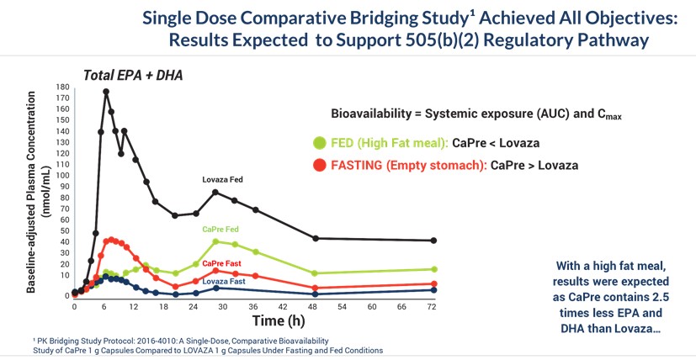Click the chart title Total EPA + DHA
coord(133,76)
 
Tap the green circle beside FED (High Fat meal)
coord(319,143)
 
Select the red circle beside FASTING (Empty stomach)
coord(319,165)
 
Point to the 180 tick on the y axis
coord(61,87)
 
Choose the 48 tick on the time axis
coord(314,307)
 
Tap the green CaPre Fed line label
coord(220,229)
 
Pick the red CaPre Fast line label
coord(221,263)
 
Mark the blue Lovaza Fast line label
coord(223,281)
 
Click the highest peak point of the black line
coord(106,92)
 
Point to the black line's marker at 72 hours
coord(433,241)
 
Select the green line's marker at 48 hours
coord(315,273)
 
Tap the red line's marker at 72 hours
coord(433,283)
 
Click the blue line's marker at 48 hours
coord(315,294)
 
